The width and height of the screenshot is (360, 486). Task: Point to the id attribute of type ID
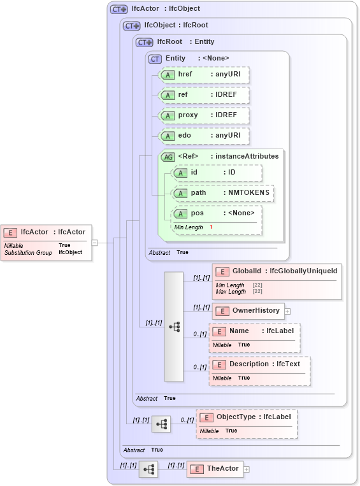pyautogui.click(x=216, y=173)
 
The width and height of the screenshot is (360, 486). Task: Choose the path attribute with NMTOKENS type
pyautogui.click(x=222, y=193)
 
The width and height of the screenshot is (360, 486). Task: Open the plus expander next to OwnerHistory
pyautogui.click(x=287, y=311)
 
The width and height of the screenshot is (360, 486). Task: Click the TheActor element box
pyautogui.click(x=214, y=469)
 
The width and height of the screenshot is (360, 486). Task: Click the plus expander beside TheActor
pyautogui.click(x=247, y=469)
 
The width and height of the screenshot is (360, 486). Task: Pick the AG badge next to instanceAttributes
pyautogui.click(x=168, y=157)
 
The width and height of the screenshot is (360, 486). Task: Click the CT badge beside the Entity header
pyautogui.click(x=155, y=59)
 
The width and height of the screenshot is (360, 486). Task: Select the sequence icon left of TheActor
pyautogui.click(x=149, y=469)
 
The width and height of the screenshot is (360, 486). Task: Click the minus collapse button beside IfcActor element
pyautogui.click(x=94, y=242)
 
